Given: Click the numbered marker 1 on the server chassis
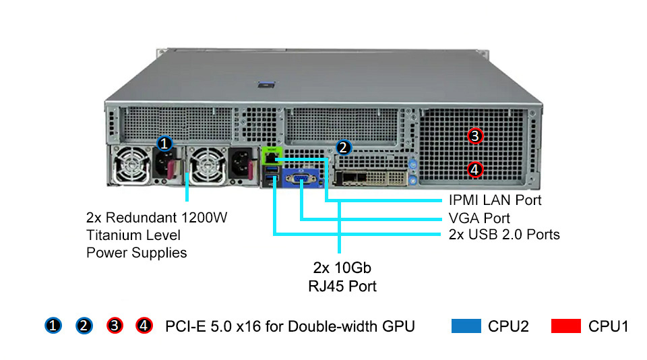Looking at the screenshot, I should tap(164, 144).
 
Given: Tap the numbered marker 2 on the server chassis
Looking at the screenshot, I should tap(343, 147).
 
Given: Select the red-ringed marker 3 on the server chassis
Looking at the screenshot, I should tap(475, 136).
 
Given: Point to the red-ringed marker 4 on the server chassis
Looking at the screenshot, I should tap(475, 169).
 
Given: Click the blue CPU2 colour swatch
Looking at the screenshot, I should tap(466, 326).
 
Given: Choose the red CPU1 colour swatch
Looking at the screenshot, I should tap(566, 326).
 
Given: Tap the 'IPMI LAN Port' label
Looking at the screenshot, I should tap(495, 200).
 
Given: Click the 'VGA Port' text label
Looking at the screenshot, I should tap(479, 218).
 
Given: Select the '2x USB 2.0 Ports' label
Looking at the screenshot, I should tap(504, 235).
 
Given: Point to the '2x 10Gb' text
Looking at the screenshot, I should tap(343, 268).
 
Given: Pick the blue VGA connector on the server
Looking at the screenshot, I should tap(301, 179).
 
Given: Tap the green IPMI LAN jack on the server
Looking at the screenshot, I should tap(270, 158).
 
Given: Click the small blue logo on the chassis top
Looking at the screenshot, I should tap(264, 84).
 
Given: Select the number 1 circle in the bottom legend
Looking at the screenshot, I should tap(54, 326).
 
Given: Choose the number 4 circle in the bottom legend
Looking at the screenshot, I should tap(144, 326).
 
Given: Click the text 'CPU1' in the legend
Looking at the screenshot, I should tap(608, 326).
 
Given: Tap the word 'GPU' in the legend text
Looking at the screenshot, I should tap(399, 326).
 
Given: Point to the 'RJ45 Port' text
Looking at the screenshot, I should tap(343, 286).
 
